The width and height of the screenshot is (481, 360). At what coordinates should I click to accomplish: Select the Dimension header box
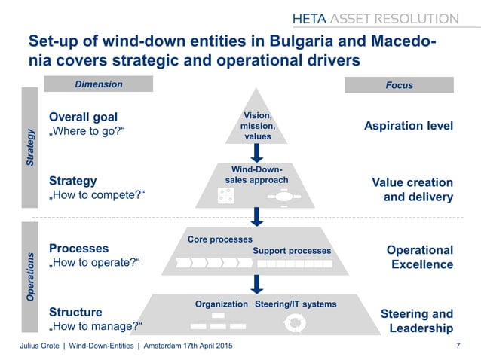[98, 84]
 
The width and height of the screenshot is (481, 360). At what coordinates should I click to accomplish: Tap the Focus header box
[399, 85]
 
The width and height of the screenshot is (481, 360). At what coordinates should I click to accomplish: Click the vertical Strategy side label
[31, 148]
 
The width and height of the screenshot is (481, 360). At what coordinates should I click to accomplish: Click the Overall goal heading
[83, 117]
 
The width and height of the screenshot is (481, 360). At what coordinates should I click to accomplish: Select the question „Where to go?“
[86, 133]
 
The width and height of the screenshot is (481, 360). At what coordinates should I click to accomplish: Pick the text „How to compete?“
[97, 197]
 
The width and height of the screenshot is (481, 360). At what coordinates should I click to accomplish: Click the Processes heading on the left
[78, 248]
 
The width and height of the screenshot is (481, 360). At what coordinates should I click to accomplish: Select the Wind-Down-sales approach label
[257, 175]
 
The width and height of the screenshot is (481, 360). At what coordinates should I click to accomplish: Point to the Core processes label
[219, 239]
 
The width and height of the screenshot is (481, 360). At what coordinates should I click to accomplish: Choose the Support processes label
[292, 250]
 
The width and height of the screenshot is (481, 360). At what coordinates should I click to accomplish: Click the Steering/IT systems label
[296, 304]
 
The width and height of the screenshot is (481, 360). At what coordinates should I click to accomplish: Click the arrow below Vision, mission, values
[257, 153]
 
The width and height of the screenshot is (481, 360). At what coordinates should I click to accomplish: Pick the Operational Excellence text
[419, 257]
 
